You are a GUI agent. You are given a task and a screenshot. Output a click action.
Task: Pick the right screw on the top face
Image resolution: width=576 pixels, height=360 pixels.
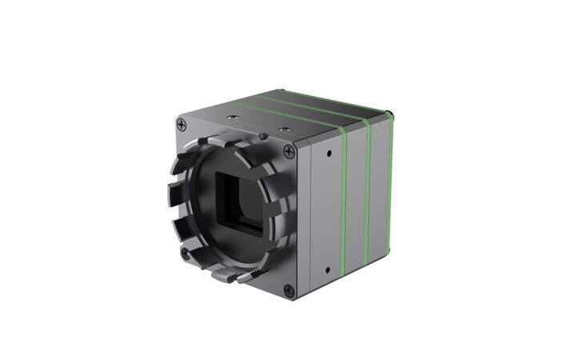tap(282, 126)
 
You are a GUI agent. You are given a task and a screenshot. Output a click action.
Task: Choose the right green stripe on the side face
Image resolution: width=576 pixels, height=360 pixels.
tap(368, 200)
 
